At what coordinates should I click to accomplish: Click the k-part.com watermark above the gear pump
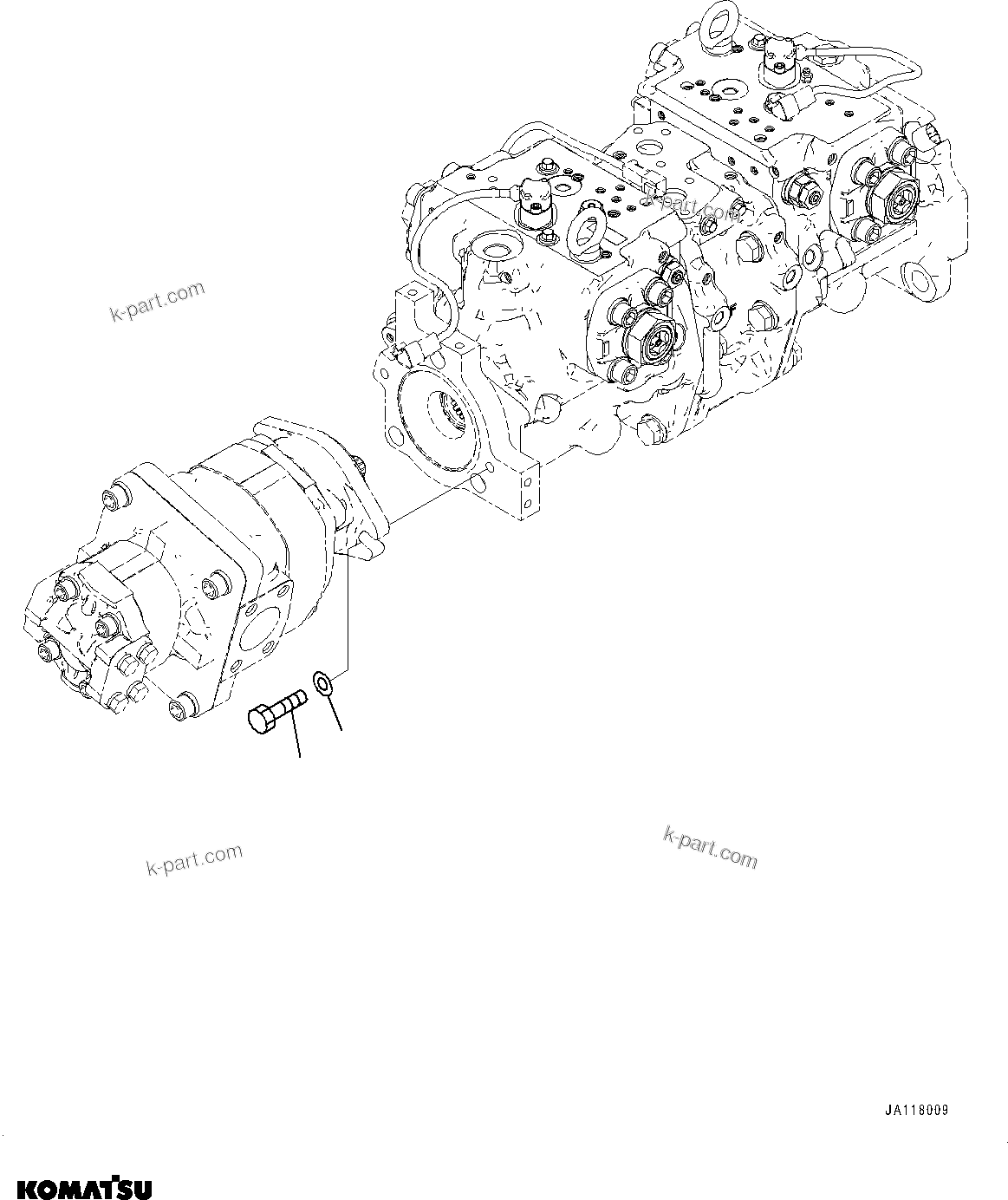tap(158, 301)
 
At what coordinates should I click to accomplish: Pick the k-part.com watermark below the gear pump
tap(194, 860)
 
